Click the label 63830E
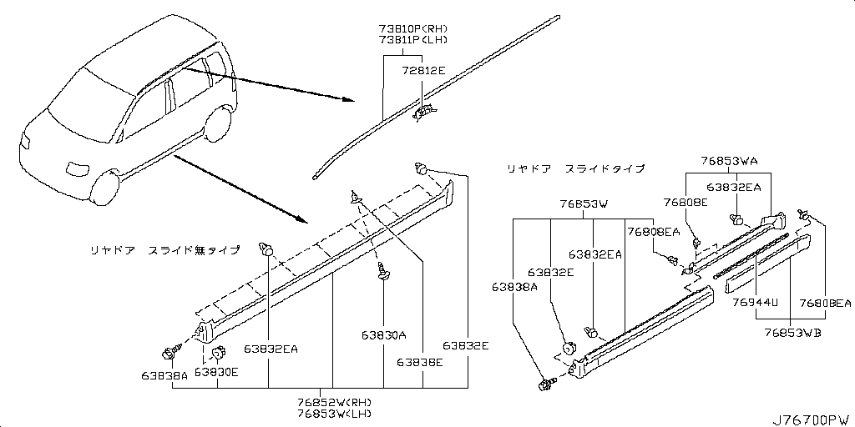(x=216, y=372)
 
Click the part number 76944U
(x=756, y=303)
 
